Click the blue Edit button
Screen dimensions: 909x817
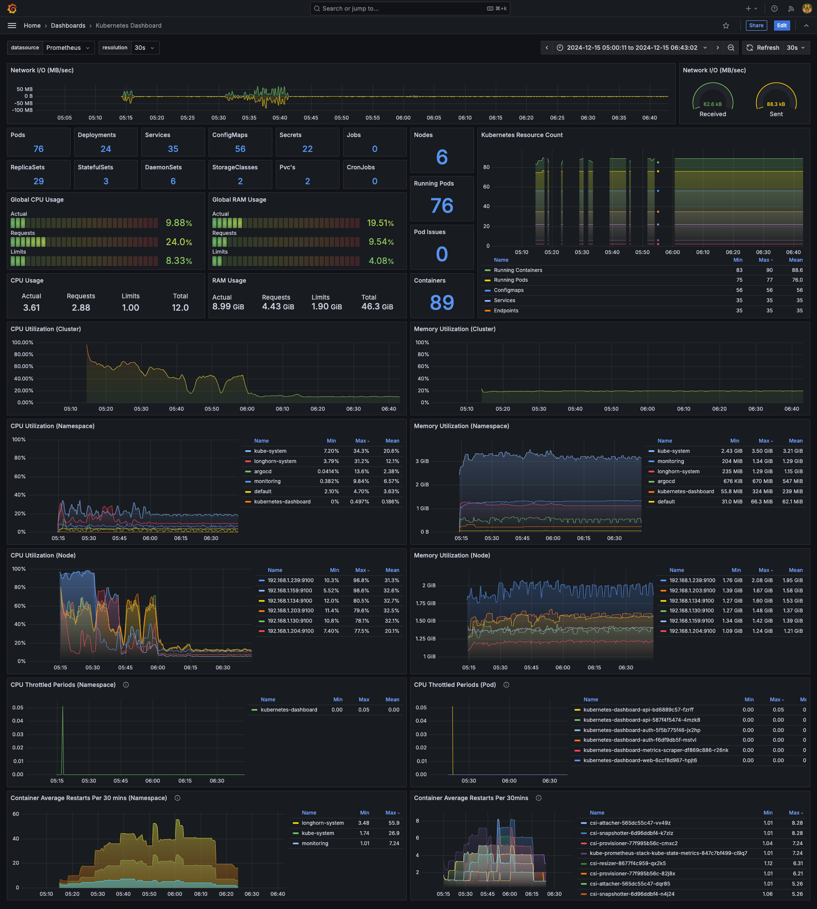[x=782, y=26]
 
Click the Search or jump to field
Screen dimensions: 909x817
[x=409, y=9]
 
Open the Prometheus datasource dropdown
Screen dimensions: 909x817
[x=68, y=48]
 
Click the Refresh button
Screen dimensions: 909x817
[x=763, y=48]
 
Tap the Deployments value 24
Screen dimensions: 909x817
[x=106, y=149]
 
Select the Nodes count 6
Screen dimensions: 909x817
[x=442, y=157]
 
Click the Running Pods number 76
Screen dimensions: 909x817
[x=442, y=206]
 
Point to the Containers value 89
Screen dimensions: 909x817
[x=442, y=303]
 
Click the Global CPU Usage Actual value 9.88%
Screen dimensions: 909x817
[x=179, y=223]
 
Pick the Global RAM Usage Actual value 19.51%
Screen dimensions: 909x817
[x=380, y=223]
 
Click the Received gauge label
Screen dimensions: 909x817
[x=712, y=114]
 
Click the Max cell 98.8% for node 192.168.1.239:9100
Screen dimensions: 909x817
[x=361, y=580]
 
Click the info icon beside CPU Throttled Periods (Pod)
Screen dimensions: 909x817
[x=506, y=685]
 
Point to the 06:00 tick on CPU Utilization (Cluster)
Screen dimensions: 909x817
[x=247, y=409]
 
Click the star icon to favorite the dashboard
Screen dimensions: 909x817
[x=726, y=26]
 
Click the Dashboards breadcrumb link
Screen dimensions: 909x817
[x=68, y=26]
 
